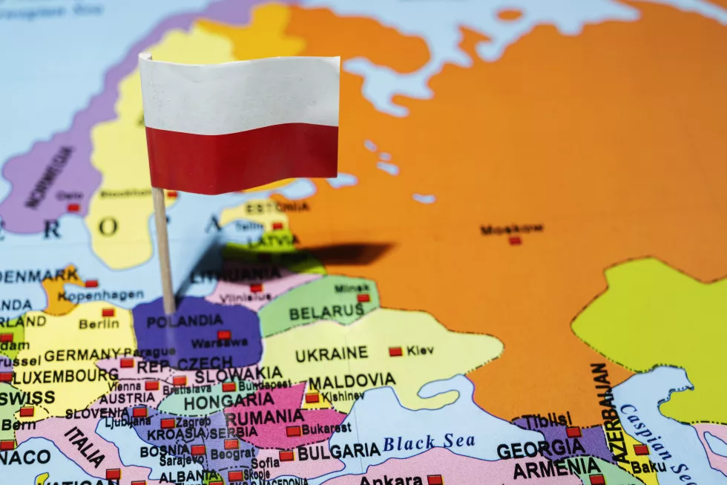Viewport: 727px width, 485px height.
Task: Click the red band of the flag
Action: click(242, 158)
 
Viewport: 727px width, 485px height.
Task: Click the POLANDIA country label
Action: click(184, 322)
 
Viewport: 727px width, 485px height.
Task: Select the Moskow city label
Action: click(511, 229)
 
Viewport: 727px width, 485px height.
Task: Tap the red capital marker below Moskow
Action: click(515, 241)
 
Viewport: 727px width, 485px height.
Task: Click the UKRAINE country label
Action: click(331, 354)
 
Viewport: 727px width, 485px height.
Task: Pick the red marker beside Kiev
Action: click(395, 351)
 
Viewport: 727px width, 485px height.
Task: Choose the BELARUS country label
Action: click(326, 313)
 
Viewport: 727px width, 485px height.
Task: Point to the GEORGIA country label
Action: click(541, 449)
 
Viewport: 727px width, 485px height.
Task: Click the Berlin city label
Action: click(99, 325)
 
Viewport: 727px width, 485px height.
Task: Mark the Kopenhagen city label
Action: click(101, 295)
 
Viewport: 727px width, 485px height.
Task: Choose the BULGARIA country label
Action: click(338, 451)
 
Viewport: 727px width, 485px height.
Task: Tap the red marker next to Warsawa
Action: click(223, 335)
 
